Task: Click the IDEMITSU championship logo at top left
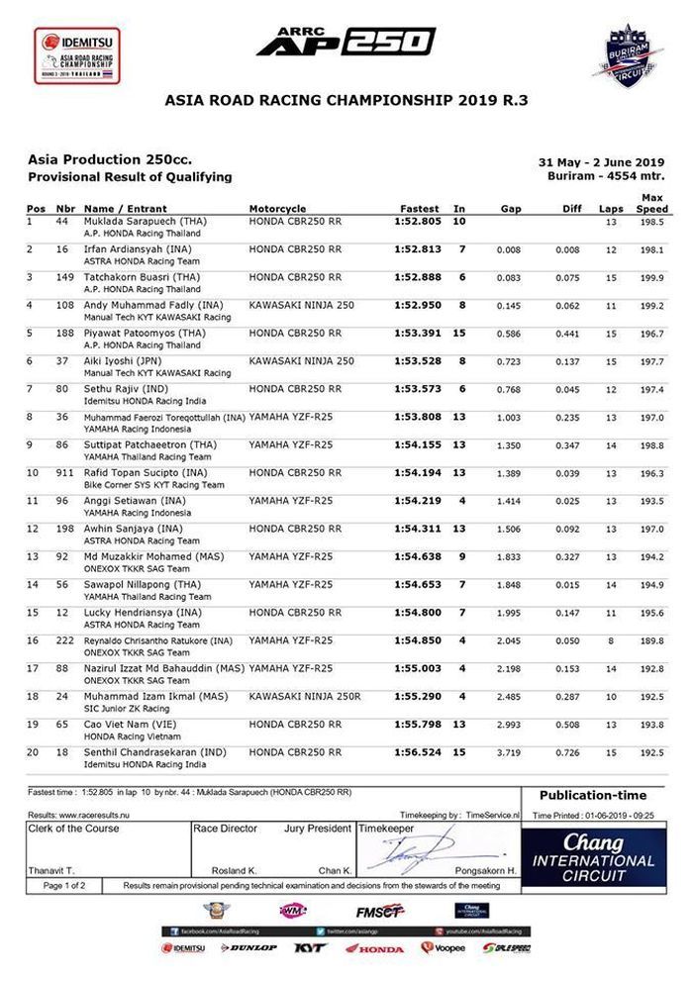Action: point(76,54)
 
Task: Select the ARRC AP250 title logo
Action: point(346,41)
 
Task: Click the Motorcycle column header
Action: point(277,209)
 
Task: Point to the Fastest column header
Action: point(419,209)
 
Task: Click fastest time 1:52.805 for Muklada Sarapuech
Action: point(419,222)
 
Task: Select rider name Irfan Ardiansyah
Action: point(131,249)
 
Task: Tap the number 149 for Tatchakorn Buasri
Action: point(66,277)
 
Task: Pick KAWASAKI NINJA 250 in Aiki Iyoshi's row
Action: point(301,361)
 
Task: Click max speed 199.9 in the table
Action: point(651,278)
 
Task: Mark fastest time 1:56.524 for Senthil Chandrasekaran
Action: point(419,753)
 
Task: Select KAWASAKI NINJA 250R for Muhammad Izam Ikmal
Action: point(305,697)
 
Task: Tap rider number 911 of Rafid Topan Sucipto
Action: point(66,473)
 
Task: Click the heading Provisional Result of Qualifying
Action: point(129,176)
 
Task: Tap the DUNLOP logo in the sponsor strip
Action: point(249,948)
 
